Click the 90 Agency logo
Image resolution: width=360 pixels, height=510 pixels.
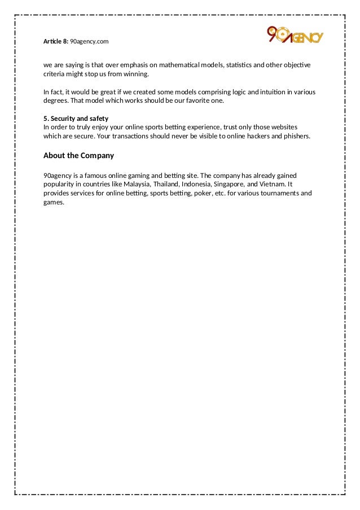(x=295, y=36)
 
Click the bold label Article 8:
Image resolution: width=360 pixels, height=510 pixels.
(x=55, y=42)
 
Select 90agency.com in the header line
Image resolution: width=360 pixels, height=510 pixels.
(x=89, y=42)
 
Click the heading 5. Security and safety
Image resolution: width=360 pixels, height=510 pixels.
(x=76, y=119)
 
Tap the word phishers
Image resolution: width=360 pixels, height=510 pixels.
(x=296, y=136)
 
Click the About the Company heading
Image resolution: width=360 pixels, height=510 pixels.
(x=78, y=155)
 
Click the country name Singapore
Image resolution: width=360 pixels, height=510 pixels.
(x=230, y=184)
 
